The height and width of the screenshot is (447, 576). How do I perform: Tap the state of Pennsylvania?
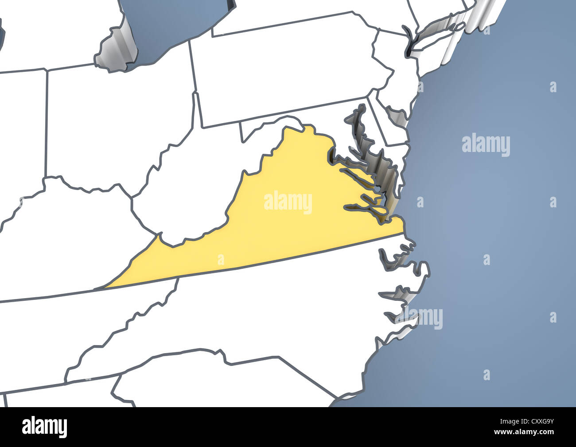pos(288,71)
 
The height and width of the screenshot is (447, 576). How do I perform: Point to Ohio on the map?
pos(120,124)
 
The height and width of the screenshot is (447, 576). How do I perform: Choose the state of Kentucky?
pos(66,239)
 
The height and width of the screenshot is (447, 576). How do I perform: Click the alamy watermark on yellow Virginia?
pos(288,202)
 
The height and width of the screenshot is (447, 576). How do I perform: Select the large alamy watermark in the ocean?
pos(486,145)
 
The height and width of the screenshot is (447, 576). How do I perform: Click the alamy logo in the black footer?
pos(45,427)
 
